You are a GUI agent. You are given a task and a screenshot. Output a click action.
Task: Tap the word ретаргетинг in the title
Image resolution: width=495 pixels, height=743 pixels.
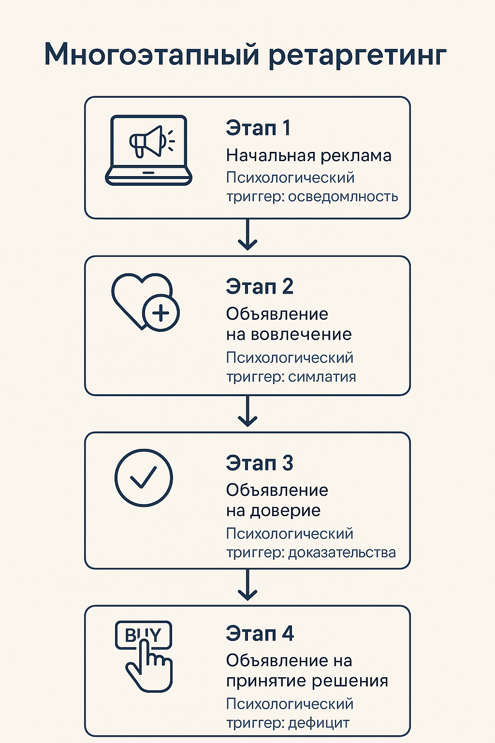(x=357, y=56)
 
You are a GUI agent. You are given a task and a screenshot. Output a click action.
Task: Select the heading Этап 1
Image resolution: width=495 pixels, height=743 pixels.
(x=258, y=128)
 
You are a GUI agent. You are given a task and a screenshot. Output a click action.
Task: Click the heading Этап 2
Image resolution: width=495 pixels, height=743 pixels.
(x=260, y=287)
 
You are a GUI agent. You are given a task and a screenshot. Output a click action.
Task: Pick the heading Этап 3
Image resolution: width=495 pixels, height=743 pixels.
(x=260, y=463)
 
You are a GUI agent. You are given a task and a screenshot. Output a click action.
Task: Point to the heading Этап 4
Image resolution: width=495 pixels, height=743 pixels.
(x=260, y=634)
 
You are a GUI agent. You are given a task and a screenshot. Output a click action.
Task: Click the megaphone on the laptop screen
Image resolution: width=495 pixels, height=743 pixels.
(x=148, y=141)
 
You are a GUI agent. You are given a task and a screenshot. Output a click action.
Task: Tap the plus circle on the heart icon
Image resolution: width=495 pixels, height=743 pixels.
(x=161, y=313)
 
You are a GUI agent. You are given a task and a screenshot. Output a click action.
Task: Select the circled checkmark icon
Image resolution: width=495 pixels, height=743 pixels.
(x=144, y=477)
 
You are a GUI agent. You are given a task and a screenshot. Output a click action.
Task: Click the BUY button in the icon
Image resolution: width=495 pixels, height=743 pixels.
(x=143, y=635)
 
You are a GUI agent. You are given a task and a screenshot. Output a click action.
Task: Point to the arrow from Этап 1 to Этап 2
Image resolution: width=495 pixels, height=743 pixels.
(x=247, y=236)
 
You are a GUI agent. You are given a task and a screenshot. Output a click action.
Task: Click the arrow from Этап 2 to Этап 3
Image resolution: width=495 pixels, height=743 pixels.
(x=247, y=412)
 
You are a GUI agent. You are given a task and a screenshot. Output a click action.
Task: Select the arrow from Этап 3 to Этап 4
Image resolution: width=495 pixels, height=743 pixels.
(x=247, y=586)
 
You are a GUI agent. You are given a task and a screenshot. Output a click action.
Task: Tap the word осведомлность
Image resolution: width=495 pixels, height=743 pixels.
(x=343, y=196)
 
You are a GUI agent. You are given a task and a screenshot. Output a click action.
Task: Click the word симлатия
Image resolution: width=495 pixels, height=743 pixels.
(x=322, y=377)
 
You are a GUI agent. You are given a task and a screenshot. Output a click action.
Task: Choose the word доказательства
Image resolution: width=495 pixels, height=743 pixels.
(x=342, y=552)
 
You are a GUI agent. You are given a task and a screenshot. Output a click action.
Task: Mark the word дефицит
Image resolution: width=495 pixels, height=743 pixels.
(x=319, y=723)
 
